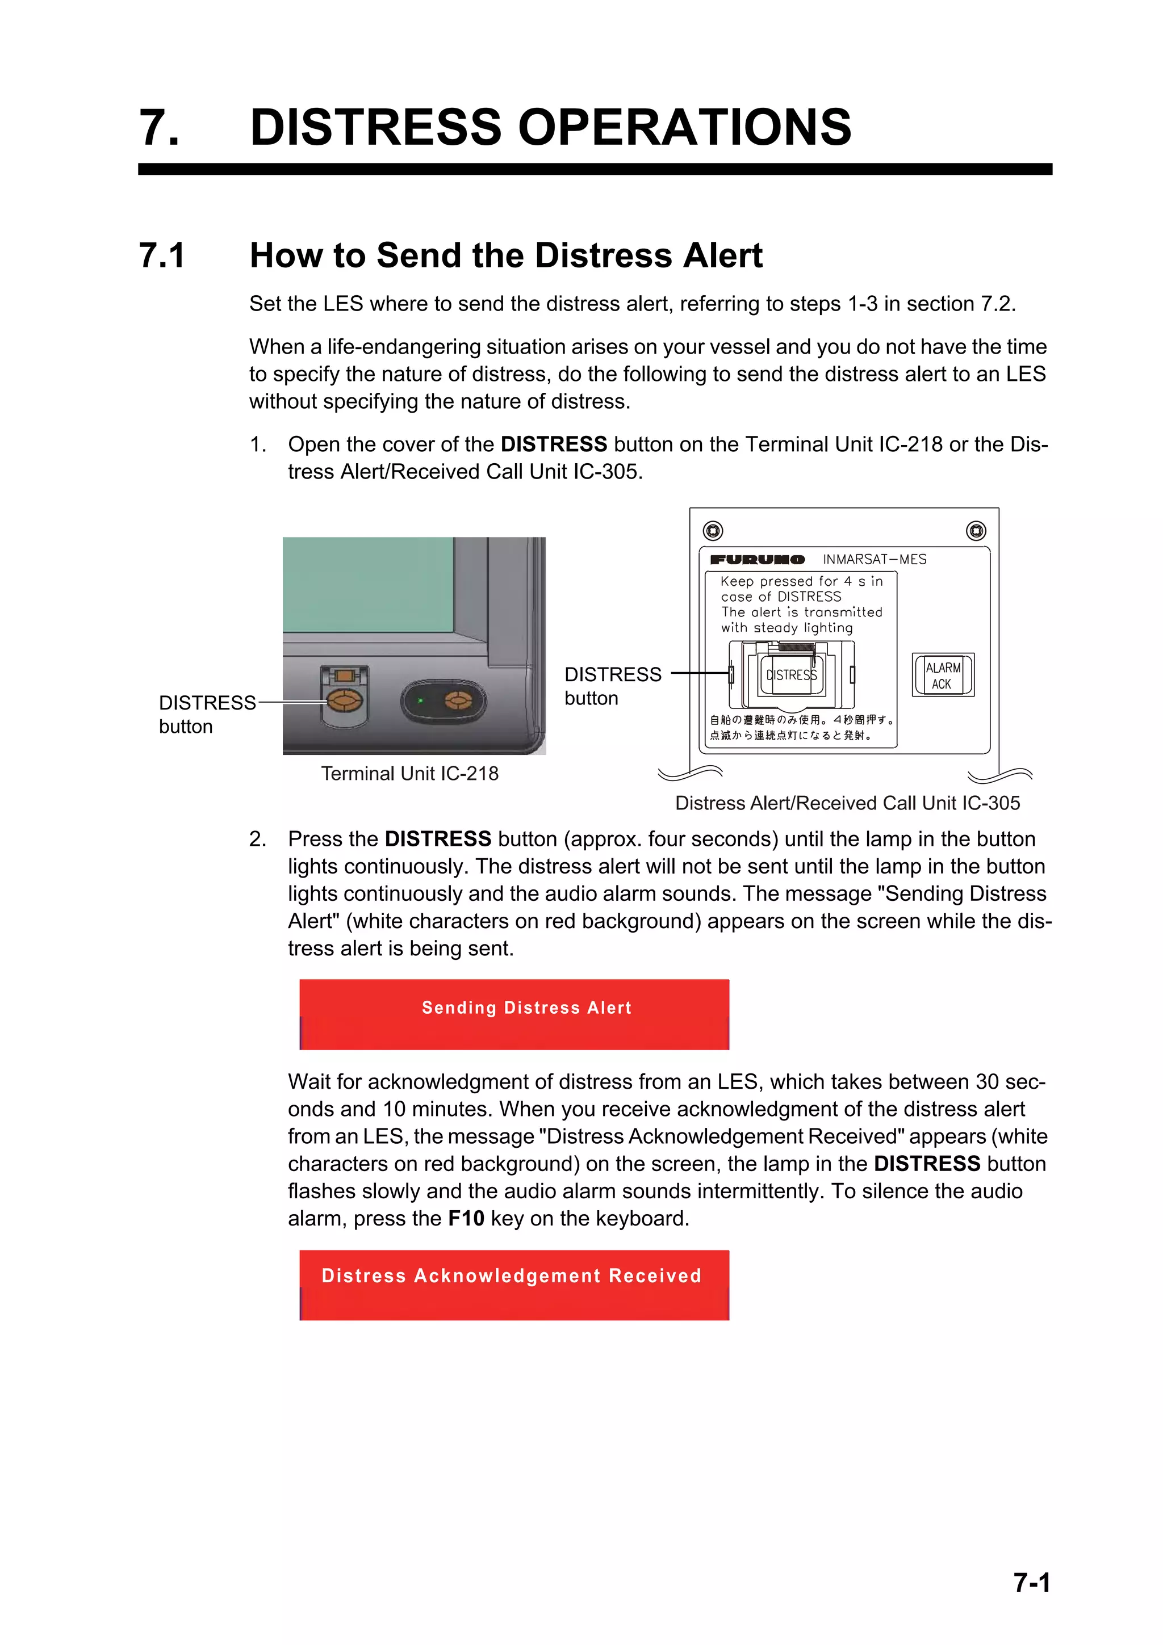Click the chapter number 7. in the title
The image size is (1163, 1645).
pyautogui.click(x=159, y=128)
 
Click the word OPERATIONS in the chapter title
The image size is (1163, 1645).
pyautogui.click(x=684, y=128)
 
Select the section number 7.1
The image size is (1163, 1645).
pyautogui.click(x=162, y=256)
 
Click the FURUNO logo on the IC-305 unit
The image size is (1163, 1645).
pyautogui.click(x=757, y=560)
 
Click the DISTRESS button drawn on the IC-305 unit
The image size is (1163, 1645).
pyautogui.click(x=791, y=675)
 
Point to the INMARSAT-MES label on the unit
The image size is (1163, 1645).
pyautogui.click(x=874, y=560)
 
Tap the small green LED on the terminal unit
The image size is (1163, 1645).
pyautogui.click(x=421, y=700)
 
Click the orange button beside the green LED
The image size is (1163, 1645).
pyautogui.click(x=458, y=700)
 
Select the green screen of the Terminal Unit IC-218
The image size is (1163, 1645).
pyautogui.click(x=369, y=584)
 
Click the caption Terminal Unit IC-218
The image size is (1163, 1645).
pyautogui.click(x=409, y=774)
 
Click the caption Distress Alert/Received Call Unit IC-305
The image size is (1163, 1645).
pyautogui.click(x=847, y=803)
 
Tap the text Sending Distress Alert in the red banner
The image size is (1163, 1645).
pyautogui.click(x=526, y=1008)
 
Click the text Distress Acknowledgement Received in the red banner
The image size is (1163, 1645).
pyautogui.click(x=511, y=1276)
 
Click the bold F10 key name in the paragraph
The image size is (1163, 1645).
pyautogui.click(x=466, y=1219)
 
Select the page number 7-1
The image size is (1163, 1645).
pyautogui.click(x=1031, y=1583)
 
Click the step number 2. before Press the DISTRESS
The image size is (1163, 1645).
pyautogui.click(x=258, y=839)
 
